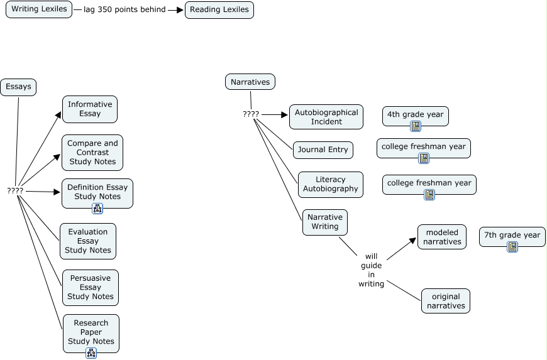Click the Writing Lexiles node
point(39,9)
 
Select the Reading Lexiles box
point(219,9)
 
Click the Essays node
point(18,87)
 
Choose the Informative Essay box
point(90,109)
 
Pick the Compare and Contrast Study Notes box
point(92,152)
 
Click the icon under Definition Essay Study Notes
point(97,209)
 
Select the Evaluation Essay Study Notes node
point(88,241)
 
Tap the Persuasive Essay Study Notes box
point(91,287)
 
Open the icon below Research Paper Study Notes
point(91,353)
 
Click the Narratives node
point(250,82)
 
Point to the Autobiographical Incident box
point(326,117)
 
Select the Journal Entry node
point(323,150)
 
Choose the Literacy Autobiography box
point(331,184)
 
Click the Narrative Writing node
point(325,222)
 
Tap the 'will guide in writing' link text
point(371,270)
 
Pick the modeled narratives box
point(442,237)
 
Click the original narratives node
point(446,301)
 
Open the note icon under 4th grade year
point(416,126)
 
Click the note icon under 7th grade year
point(512,247)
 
